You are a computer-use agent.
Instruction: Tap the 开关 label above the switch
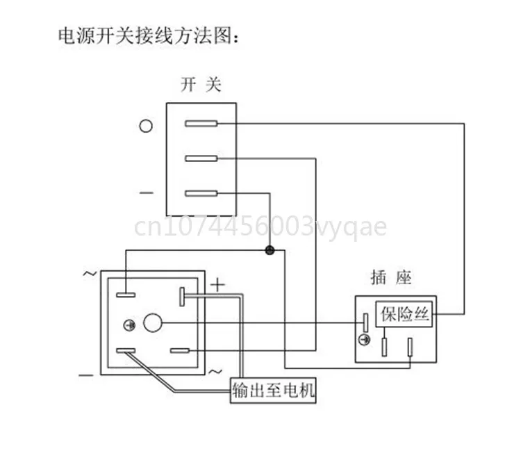[201, 85]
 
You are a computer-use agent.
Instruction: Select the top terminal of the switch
[201, 124]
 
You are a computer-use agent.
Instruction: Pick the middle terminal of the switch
[201, 159]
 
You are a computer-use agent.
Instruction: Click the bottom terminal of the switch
[201, 194]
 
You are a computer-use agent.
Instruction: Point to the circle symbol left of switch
[146, 126]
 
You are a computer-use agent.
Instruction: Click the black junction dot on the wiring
[270, 250]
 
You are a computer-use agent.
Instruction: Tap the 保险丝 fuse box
[405, 314]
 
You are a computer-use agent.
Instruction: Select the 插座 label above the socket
[392, 279]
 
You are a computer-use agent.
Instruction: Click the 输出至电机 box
[273, 391]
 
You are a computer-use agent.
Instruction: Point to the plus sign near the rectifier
[218, 284]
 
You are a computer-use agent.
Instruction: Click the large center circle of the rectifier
[153, 323]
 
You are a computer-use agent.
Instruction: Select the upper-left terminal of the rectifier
[126, 295]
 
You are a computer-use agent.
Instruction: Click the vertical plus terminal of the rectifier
[182, 297]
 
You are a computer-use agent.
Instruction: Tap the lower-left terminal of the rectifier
[126, 351]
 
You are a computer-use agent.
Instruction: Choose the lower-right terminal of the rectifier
[180, 351]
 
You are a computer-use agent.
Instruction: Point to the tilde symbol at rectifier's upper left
[90, 273]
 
